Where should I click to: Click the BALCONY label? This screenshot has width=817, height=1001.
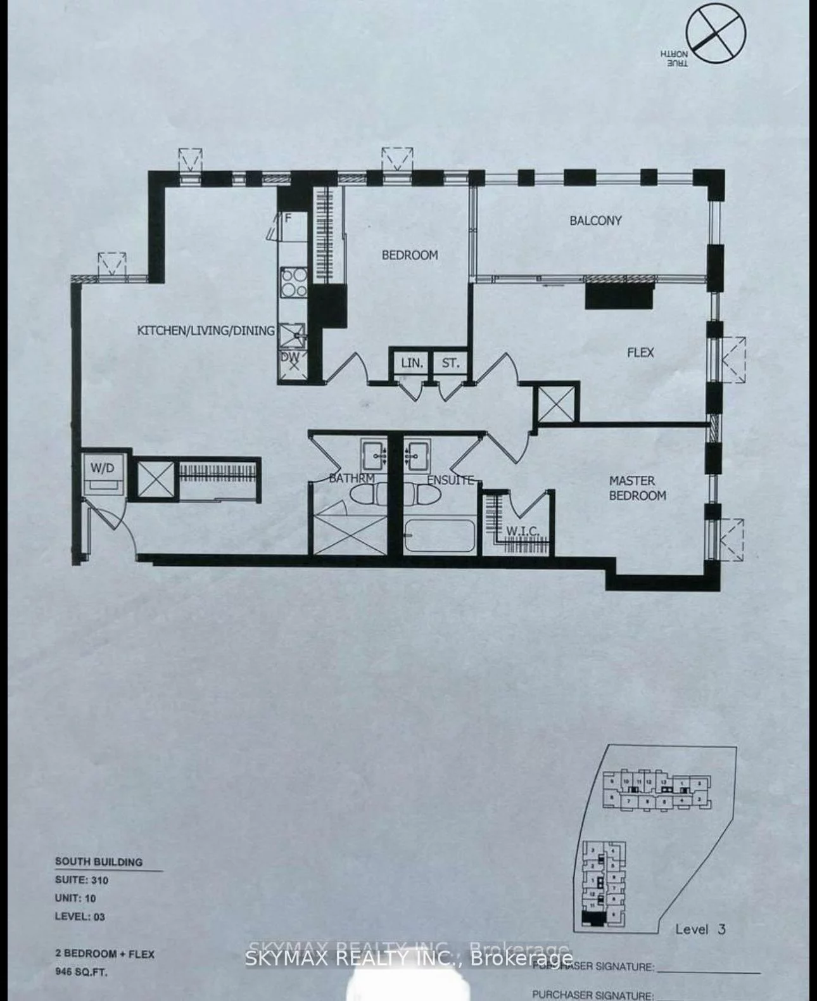(595, 220)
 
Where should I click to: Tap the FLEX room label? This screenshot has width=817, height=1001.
(640, 352)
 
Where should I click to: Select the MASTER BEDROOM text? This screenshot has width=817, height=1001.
(636, 488)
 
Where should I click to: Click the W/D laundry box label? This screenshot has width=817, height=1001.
(103, 468)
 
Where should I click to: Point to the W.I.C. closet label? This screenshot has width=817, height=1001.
(522, 531)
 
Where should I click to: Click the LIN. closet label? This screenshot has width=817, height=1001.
(411, 364)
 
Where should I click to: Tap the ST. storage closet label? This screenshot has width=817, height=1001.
(450, 364)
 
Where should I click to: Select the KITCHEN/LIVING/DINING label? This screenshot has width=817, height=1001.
(206, 330)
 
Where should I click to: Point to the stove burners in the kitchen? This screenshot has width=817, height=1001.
(294, 283)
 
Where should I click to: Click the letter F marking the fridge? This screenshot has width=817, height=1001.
(288, 219)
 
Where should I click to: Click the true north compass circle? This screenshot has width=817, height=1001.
(716, 31)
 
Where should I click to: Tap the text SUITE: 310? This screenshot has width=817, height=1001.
(81, 880)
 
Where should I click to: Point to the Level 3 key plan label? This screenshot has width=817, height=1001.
(700, 929)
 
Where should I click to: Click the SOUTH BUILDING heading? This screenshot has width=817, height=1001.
(98, 862)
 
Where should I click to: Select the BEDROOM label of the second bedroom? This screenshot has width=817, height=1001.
(409, 255)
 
